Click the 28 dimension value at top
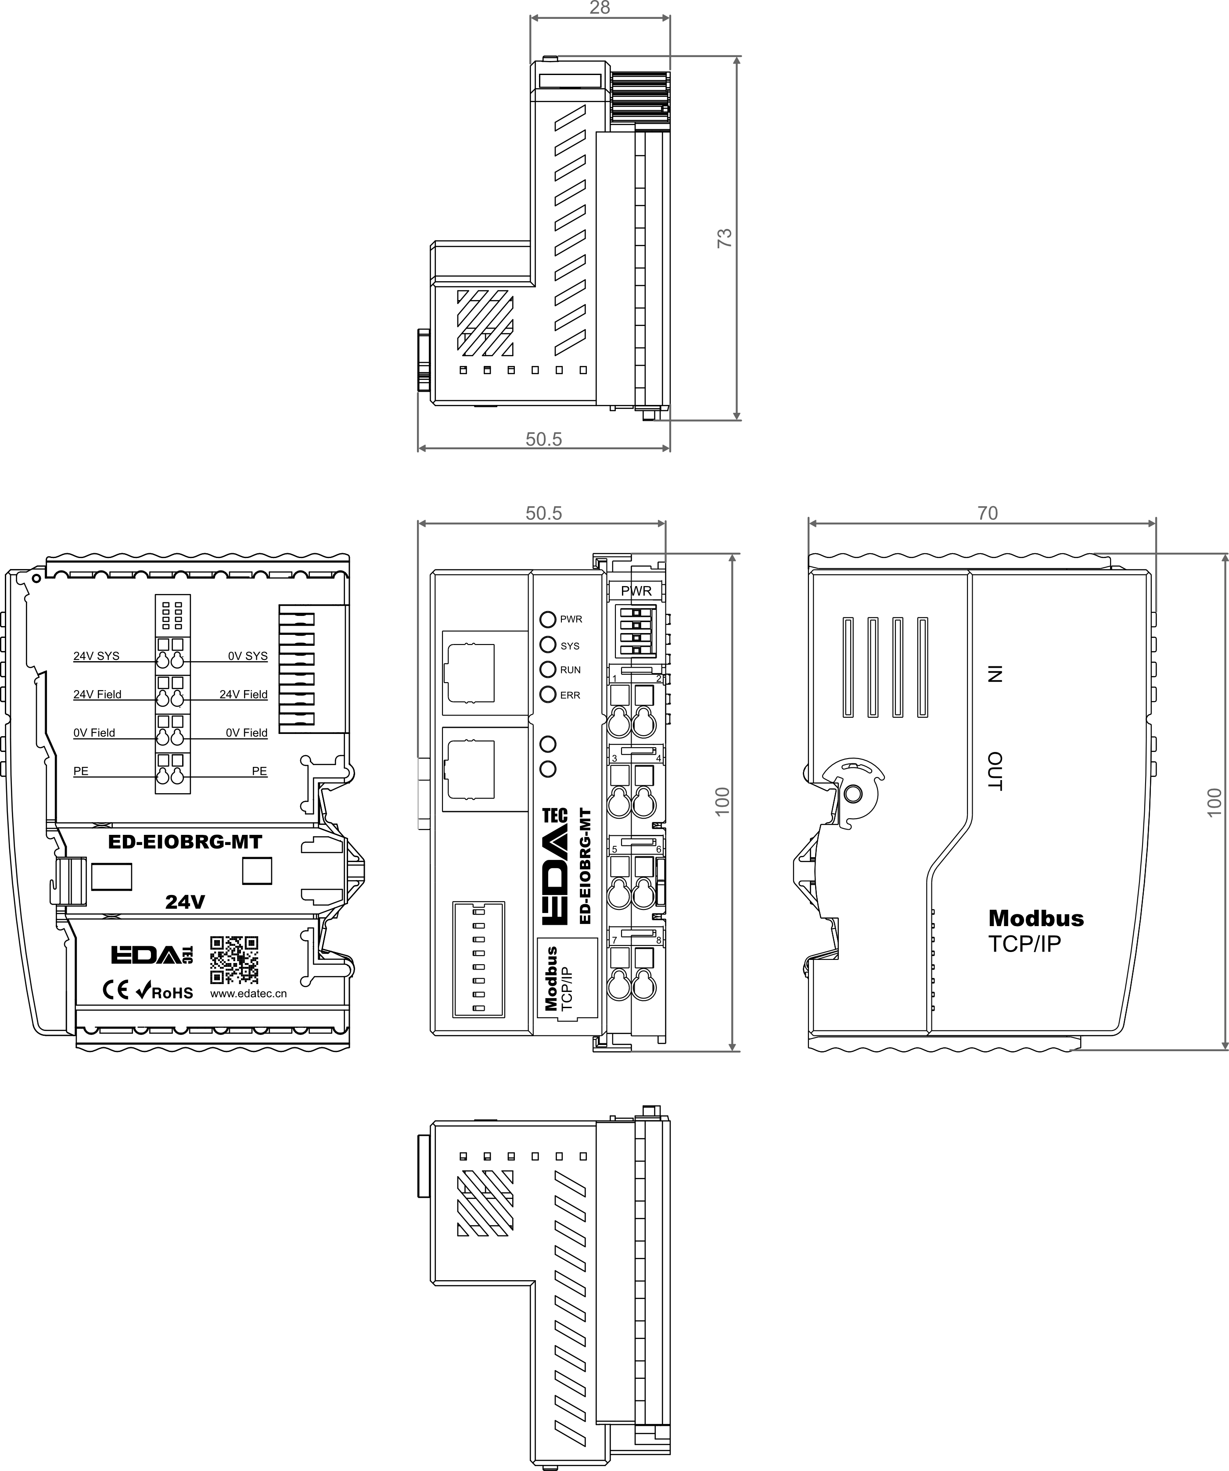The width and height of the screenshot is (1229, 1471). tap(600, 8)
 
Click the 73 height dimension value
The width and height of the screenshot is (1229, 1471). tap(725, 238)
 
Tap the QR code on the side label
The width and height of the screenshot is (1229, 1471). tap(234, 959)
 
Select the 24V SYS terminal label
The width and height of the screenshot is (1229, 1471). tap(96, 656)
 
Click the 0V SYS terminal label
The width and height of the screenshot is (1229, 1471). tap(248, 656)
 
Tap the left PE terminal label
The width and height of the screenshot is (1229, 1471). tap(81, 771)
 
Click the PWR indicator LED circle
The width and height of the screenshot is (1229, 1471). tap(548, 619)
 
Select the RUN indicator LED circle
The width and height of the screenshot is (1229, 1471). tap(548, 669)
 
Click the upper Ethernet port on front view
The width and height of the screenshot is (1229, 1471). tap(469, 673)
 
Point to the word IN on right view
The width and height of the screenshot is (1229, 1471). tap(994, 674)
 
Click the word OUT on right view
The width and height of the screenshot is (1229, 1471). tap(994, 771)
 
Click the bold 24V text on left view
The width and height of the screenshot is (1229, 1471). tap(185, 902)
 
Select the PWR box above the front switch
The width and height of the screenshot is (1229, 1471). tap(636, 591)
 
